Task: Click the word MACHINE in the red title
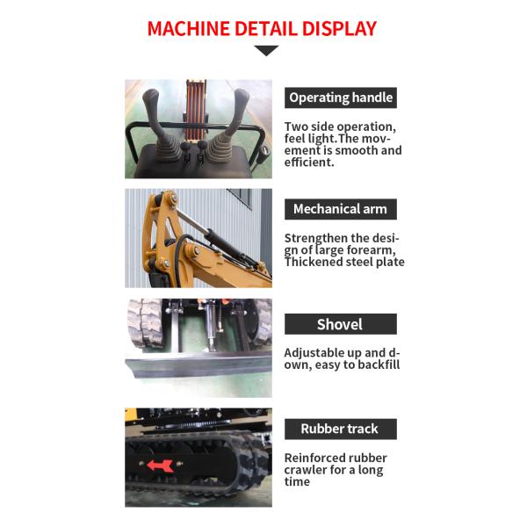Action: coord(188,29)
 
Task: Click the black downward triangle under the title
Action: coord(266,50)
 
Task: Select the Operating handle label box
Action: coord(341,97)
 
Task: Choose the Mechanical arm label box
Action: coord(341,209)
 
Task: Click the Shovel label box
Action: coord(341,324)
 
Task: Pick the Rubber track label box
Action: coord(341,429)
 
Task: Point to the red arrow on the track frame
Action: coord(161,466)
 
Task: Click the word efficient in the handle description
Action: coord(309,162)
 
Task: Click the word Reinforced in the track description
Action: coord(314,458)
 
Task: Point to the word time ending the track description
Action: coord(297,481)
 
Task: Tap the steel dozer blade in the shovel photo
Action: coord(199,365)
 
